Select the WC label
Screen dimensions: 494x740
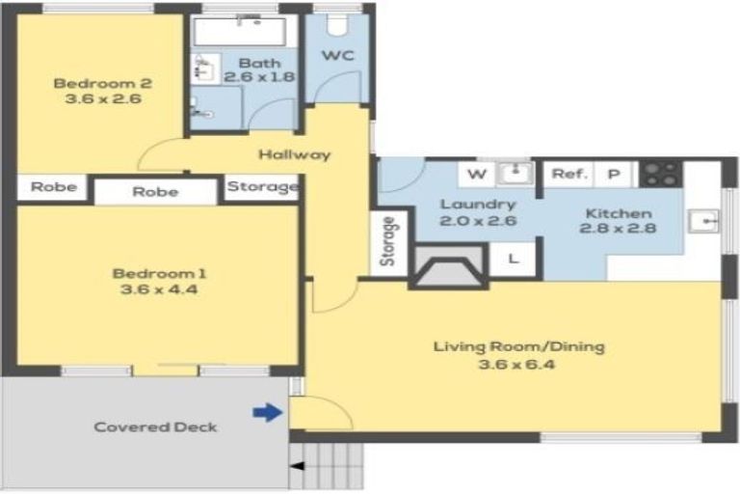[x=338, y=55]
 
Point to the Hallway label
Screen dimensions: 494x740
[x=295, y=154]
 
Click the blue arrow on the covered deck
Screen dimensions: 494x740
[x=267, y=413]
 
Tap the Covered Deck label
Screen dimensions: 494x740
[x=156, y=426]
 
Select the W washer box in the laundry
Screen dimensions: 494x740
[x=476, y=175]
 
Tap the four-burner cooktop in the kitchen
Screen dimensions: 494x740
[x=661, y=175]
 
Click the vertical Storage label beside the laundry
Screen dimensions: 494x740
[x=389, y=241]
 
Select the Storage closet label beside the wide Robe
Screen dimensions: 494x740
[x=261, y=186]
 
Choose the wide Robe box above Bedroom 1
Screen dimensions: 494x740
[x=155, y=191]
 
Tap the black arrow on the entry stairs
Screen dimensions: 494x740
[x=296, y=467]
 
